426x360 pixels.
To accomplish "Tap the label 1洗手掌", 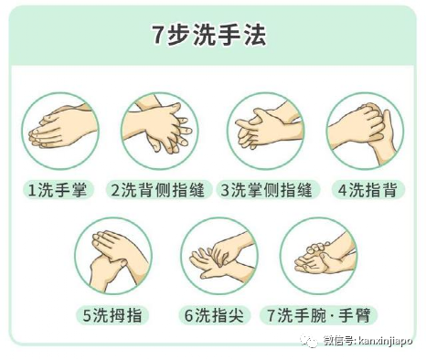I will click(60, 190).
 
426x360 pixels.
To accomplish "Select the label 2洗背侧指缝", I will click(160, 190).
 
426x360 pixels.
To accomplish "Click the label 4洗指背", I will click(366, 190).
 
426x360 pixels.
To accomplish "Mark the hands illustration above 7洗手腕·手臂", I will click(318, 257).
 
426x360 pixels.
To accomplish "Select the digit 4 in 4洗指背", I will click(343, 190).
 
